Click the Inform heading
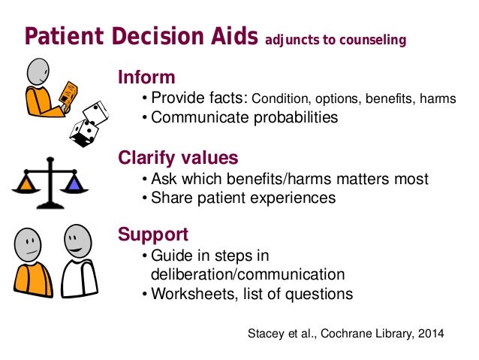146,77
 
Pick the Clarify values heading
178,158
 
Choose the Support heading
153,234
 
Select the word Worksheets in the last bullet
188,294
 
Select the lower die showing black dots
82,134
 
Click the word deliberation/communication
248,274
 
